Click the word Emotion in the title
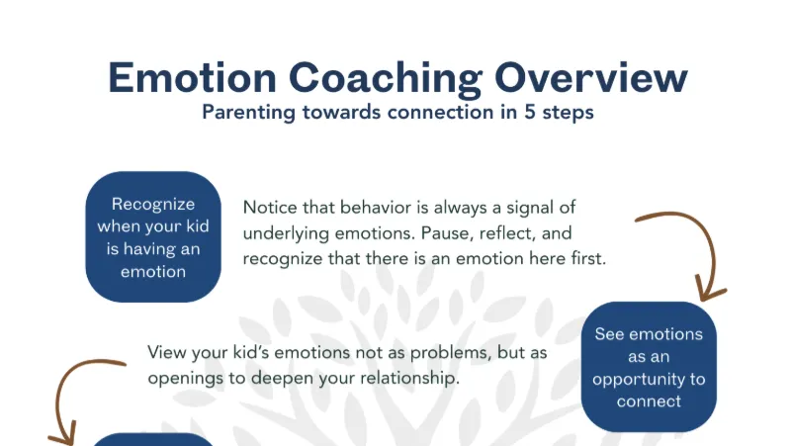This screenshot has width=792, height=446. click(x=192, y=78)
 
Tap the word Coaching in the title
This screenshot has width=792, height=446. click(x=386, y=79)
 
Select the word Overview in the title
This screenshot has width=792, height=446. click(x=591, y=78)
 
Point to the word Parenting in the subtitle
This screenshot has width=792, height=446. click(x=248, y=113)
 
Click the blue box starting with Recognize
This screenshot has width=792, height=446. click(x=153, y=237)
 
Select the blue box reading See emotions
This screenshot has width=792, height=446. click(x=649, y=367)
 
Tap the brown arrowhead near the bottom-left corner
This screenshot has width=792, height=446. click(x=62, y=435)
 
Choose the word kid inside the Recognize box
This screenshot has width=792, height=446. click(x=198, y=225)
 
